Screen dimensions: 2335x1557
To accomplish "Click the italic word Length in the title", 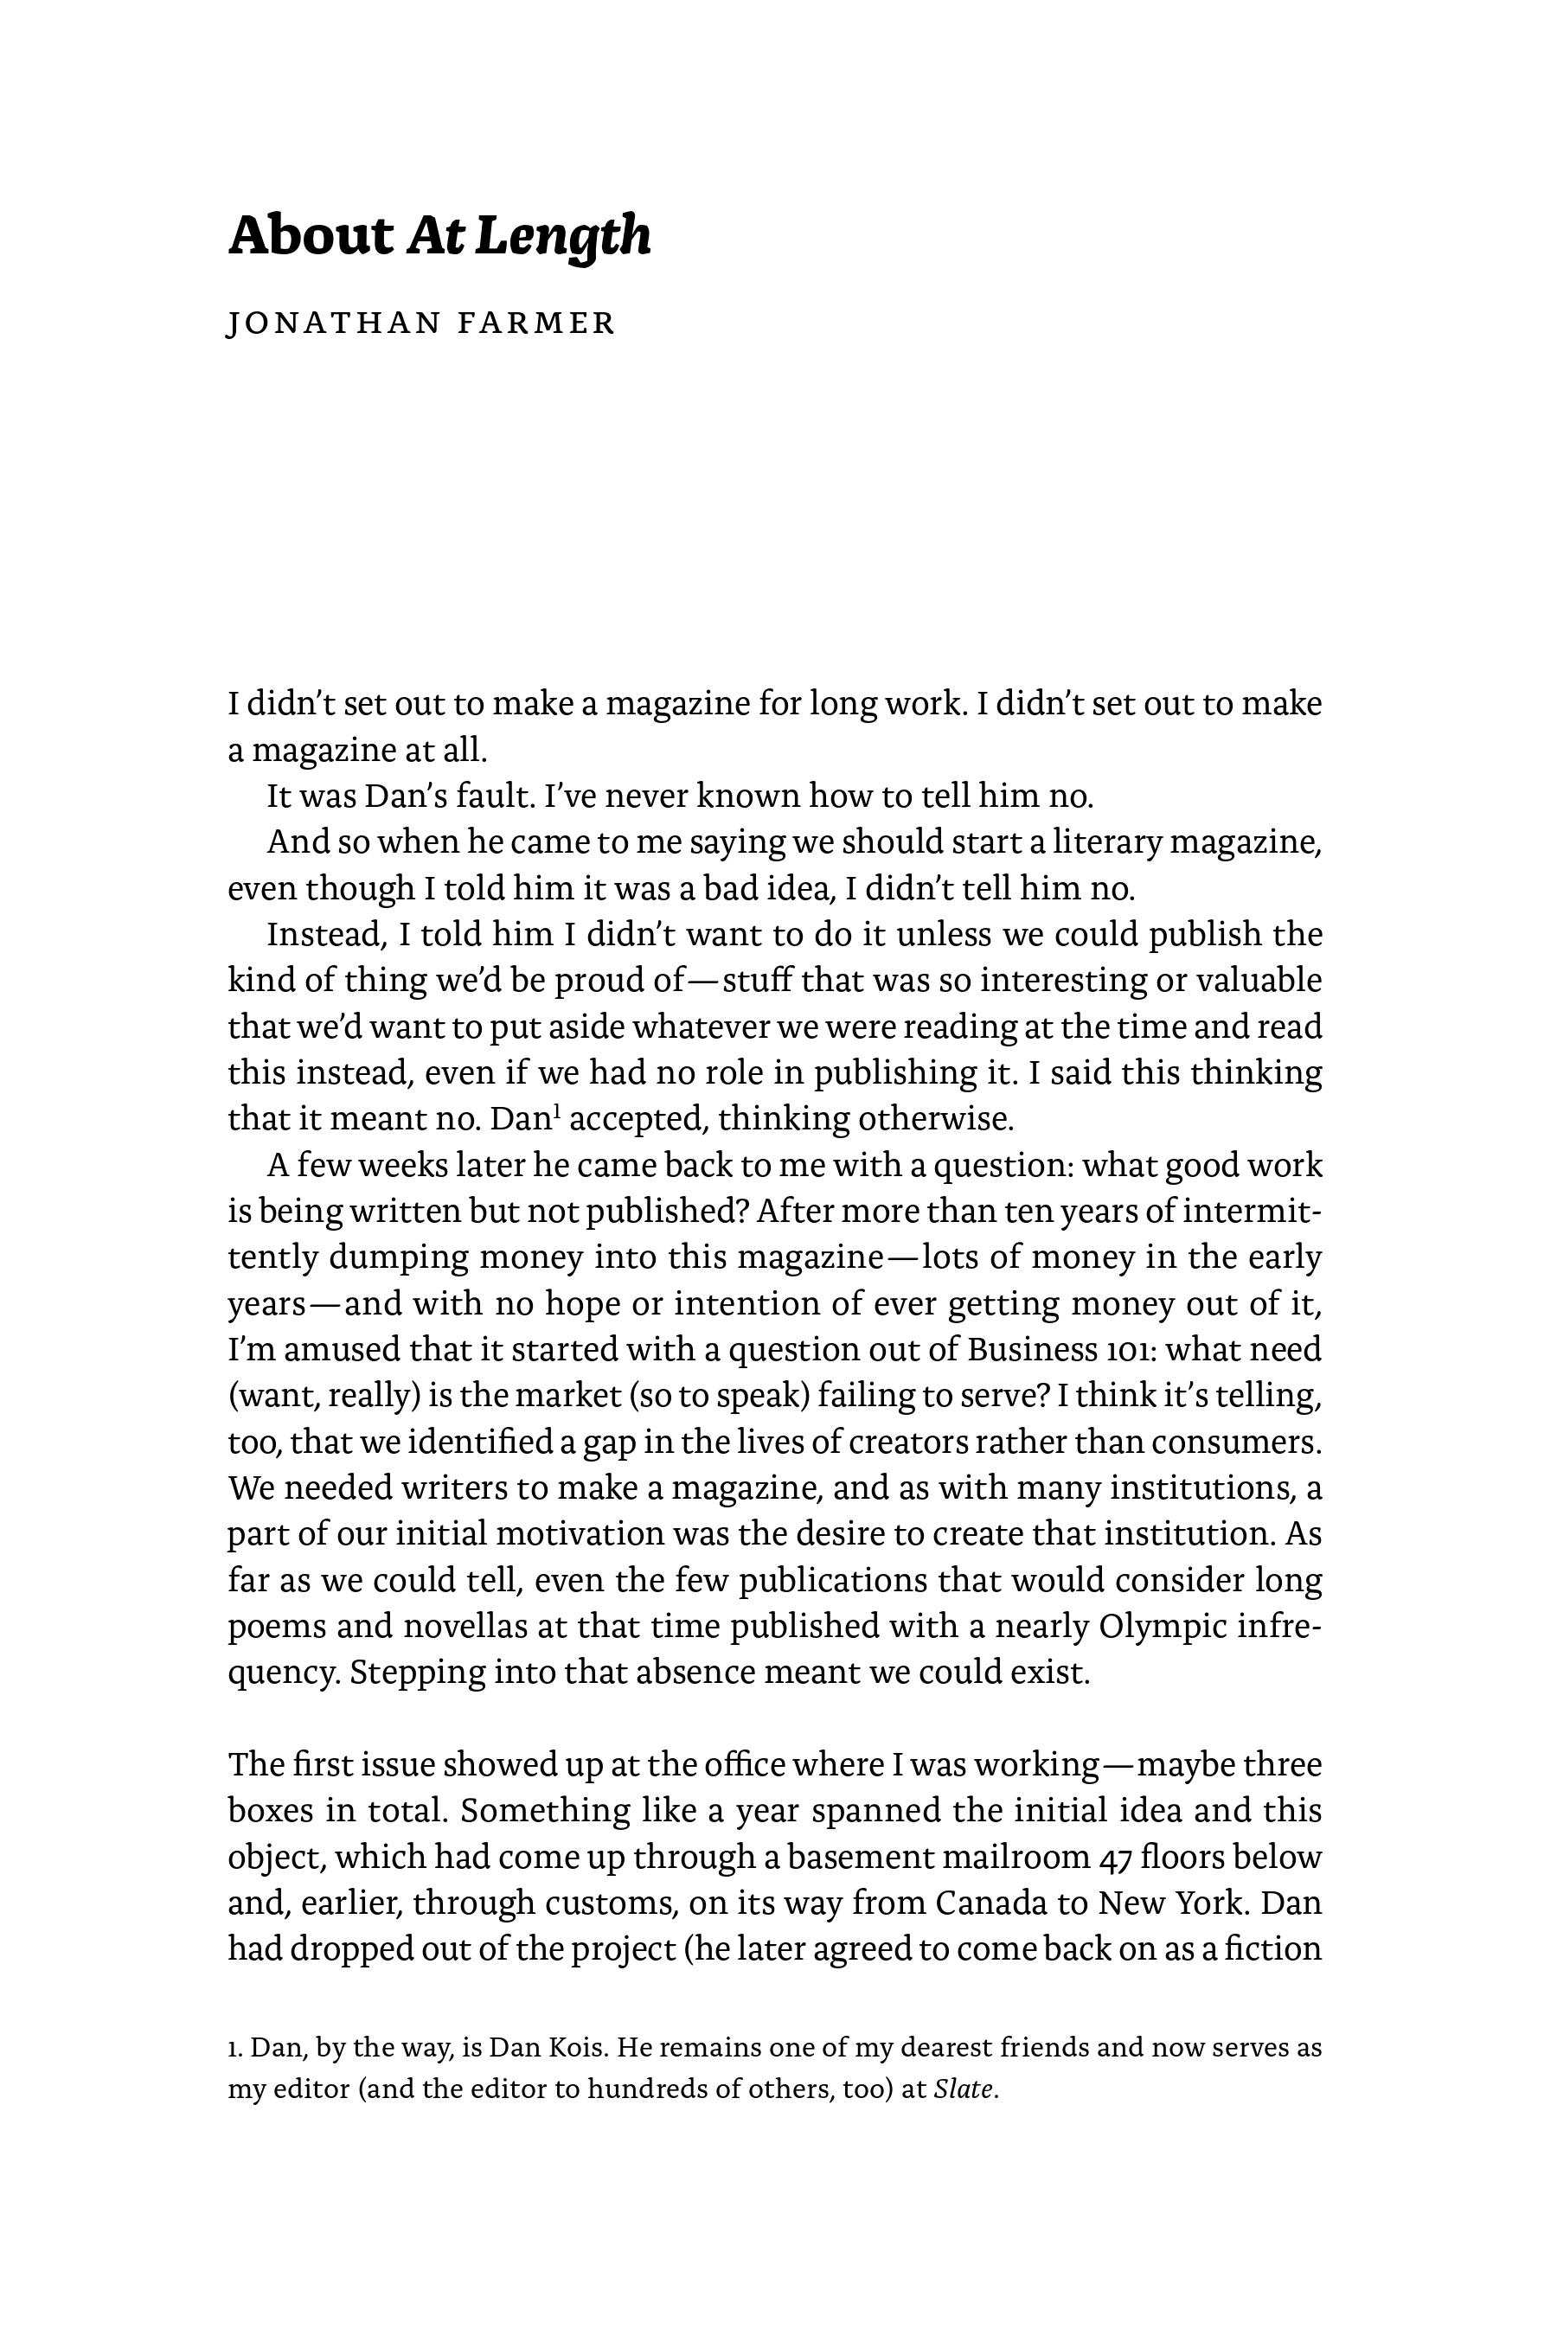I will (x=563, y=237).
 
